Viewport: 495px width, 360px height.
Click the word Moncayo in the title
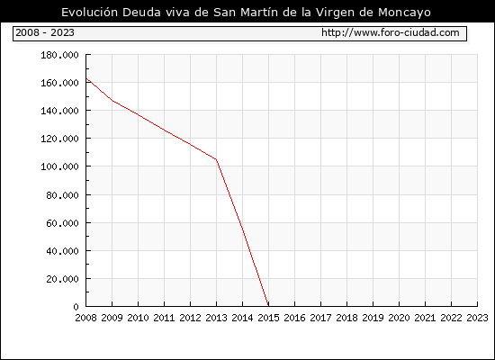click(404, 13)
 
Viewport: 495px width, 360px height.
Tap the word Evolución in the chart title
click(89, 12)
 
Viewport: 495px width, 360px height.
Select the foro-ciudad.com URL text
click(391, 32)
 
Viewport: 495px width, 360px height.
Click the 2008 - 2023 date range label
click(45, 32)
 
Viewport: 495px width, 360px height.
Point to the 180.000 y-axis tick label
click(59, 55)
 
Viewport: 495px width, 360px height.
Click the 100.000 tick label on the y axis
click(59, 166)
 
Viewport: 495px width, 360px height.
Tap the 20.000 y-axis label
click(62, 279)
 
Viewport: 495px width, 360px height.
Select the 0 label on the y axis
click(76, 307)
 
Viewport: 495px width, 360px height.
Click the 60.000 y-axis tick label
click(62, 223)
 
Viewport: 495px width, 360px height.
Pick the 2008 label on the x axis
click(85, 318)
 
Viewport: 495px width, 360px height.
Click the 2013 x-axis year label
click(216, 318)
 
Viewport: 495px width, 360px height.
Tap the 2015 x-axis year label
click(269, 318)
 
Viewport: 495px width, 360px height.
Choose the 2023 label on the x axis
click(477, 318)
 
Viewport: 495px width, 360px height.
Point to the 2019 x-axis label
click(373, 318)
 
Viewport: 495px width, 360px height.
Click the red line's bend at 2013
click(216, 159)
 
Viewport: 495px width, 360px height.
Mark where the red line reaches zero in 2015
click(268, 306)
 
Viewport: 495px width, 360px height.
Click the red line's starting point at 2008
click(86, 78)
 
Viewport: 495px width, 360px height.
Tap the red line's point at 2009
click(112, 101)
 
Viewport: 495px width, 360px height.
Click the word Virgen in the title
click(336, 13)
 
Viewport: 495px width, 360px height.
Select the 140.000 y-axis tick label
click(59, 111)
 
